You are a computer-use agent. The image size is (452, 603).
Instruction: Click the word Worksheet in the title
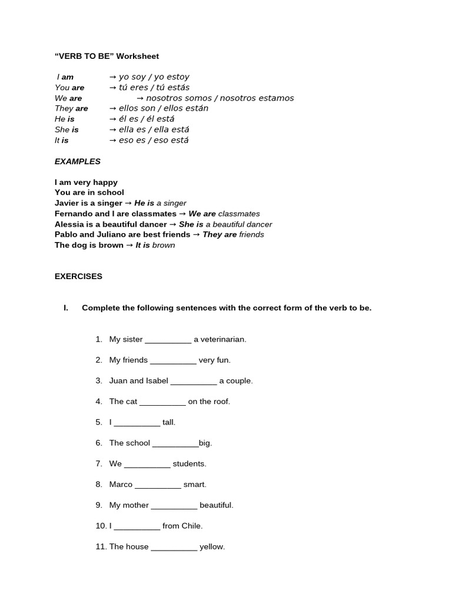137,57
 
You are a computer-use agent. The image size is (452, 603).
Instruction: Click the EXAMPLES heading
78,161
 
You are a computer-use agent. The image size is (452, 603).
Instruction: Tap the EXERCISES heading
78,276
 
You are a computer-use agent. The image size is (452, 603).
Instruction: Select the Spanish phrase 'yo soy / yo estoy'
154,77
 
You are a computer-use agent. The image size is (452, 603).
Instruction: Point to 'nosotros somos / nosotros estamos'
220,98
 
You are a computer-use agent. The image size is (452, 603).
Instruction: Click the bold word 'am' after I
68,77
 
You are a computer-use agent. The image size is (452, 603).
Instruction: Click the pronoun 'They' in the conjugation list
64,108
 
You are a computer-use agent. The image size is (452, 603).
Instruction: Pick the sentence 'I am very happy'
86,183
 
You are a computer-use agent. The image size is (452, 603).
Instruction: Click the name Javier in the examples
67,203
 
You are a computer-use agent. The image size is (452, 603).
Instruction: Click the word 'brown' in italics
164,246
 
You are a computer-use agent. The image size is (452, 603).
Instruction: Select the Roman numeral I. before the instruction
66,308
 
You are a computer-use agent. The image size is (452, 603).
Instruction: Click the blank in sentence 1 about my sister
168,340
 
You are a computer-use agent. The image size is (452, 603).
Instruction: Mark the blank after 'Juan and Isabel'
194,381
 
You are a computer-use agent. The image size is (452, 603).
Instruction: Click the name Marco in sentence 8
121,485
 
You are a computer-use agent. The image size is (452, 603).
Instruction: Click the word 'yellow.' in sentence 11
212,547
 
